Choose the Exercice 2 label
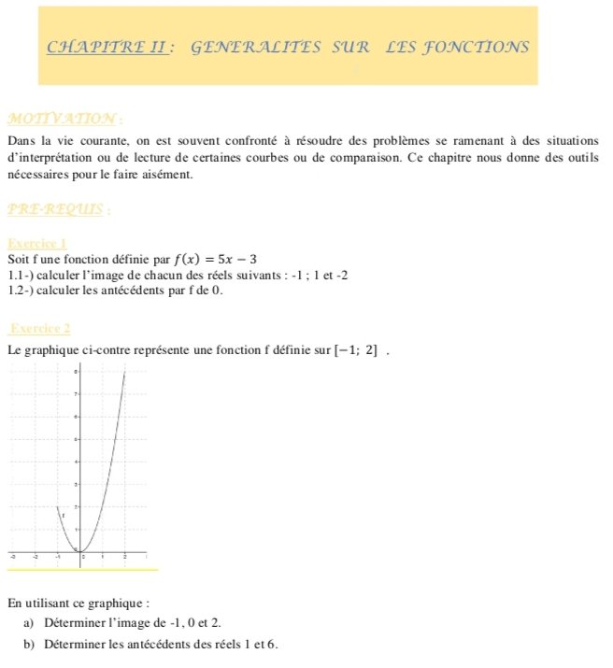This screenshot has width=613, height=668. [x=38, y=328]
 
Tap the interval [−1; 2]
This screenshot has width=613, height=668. [x=357, y=351]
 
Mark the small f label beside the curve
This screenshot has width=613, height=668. [x=63, y=515]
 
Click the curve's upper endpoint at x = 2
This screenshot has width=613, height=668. [x=125, y=372]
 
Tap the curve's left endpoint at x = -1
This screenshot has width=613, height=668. [x=57, y=507]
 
